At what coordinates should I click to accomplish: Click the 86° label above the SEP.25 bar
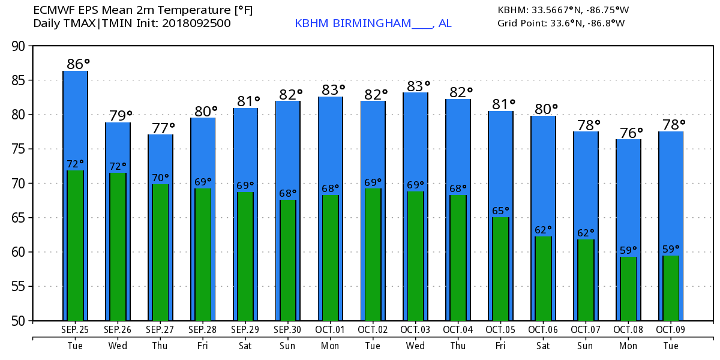[78, 63]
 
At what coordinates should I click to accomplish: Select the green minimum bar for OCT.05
[500, 268]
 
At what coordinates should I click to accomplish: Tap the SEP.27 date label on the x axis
[160, 329]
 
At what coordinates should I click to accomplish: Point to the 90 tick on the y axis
[20, 46]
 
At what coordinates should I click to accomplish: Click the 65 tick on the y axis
[20, 218]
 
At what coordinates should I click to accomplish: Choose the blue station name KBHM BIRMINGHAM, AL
[373, 23]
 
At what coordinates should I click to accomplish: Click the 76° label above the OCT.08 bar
[631, 131]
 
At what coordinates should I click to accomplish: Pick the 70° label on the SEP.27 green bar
[160, 178]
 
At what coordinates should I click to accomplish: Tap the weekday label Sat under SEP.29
[245, 346]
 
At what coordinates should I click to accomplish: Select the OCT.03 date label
[415, 329]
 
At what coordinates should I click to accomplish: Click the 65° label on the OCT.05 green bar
[500, 211]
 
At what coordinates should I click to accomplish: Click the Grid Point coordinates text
[561, 23]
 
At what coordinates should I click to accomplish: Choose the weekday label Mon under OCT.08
[628, 346]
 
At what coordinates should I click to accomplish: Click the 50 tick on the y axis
[20, 320]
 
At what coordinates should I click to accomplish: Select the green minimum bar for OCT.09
[671, 288]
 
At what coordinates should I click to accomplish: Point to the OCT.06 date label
[543, 329]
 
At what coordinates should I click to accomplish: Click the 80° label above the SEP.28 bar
[205, 110]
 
